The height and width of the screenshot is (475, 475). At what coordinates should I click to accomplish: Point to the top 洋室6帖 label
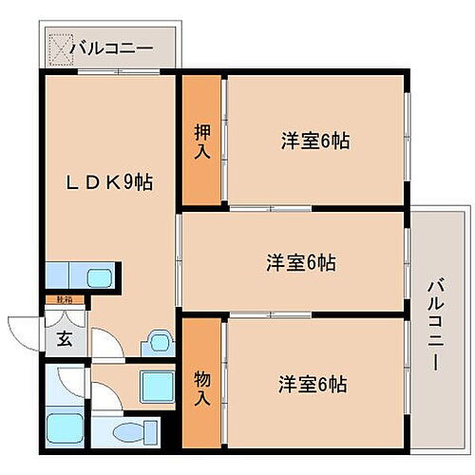click(314, 142)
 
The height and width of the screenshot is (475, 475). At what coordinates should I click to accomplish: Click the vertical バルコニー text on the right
click(434, 323)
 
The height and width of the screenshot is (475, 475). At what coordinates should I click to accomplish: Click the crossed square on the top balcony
click(60, 46)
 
